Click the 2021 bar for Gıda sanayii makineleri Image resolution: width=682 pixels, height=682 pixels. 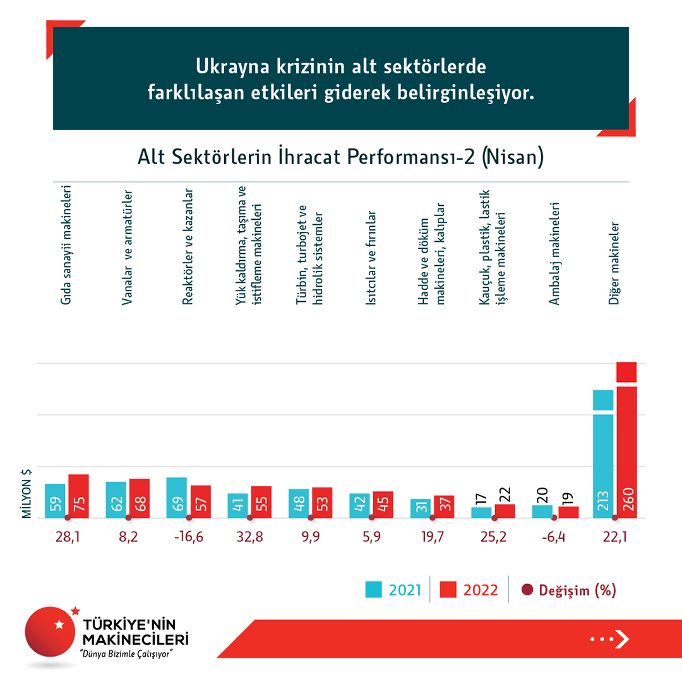pyautogui.click(x=55, y=501)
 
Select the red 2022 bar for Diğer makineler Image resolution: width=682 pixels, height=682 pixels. pyautogui.click(x=626, y=442)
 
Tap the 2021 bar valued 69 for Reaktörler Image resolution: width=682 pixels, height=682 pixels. pyautogui.click(x=177, y=498)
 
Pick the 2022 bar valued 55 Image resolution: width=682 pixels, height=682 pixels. pyautogui.click(x=261, y=502)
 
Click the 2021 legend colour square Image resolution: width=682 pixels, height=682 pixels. pyautogui.click(x=374, y=590)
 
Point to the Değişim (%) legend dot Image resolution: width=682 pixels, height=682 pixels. pyautogui.click(x=527, y=590)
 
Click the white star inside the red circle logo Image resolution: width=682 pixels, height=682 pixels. pyautogui.click(x=59, y=625)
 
